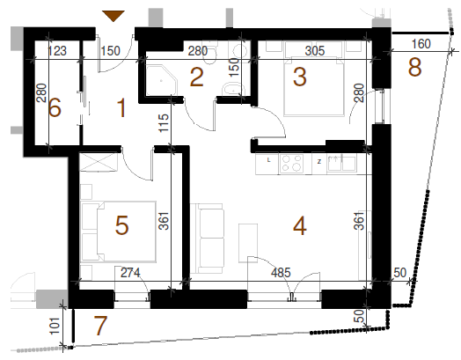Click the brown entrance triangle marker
[113, 16]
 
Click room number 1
[121, 108]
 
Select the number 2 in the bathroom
[197, 77]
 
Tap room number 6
[55, 107]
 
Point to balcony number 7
[100, 326]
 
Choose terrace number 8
[415, 68]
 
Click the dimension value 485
[281, 273]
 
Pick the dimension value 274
[130, 273]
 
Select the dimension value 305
[315, 51]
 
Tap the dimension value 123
[57, 51]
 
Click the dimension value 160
[421, 44]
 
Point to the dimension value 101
[55, 326]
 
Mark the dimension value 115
[164, 123]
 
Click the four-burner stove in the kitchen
[291, 164]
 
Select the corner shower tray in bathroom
[162, 80]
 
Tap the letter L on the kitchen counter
[268, 160]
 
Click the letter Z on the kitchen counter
[319, 161]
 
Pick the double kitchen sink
[341, 163]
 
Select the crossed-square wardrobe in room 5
[99, 161]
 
